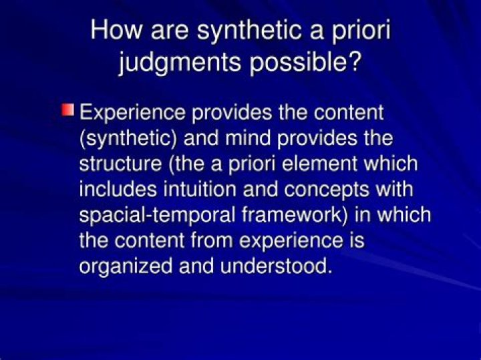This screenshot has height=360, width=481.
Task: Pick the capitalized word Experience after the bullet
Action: (133, 112)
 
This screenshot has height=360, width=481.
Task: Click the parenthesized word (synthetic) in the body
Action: (128, 138)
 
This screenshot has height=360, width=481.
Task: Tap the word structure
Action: (120, 164)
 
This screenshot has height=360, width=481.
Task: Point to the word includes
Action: (118, 189)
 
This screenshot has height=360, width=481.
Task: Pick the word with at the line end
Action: (393, 189)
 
